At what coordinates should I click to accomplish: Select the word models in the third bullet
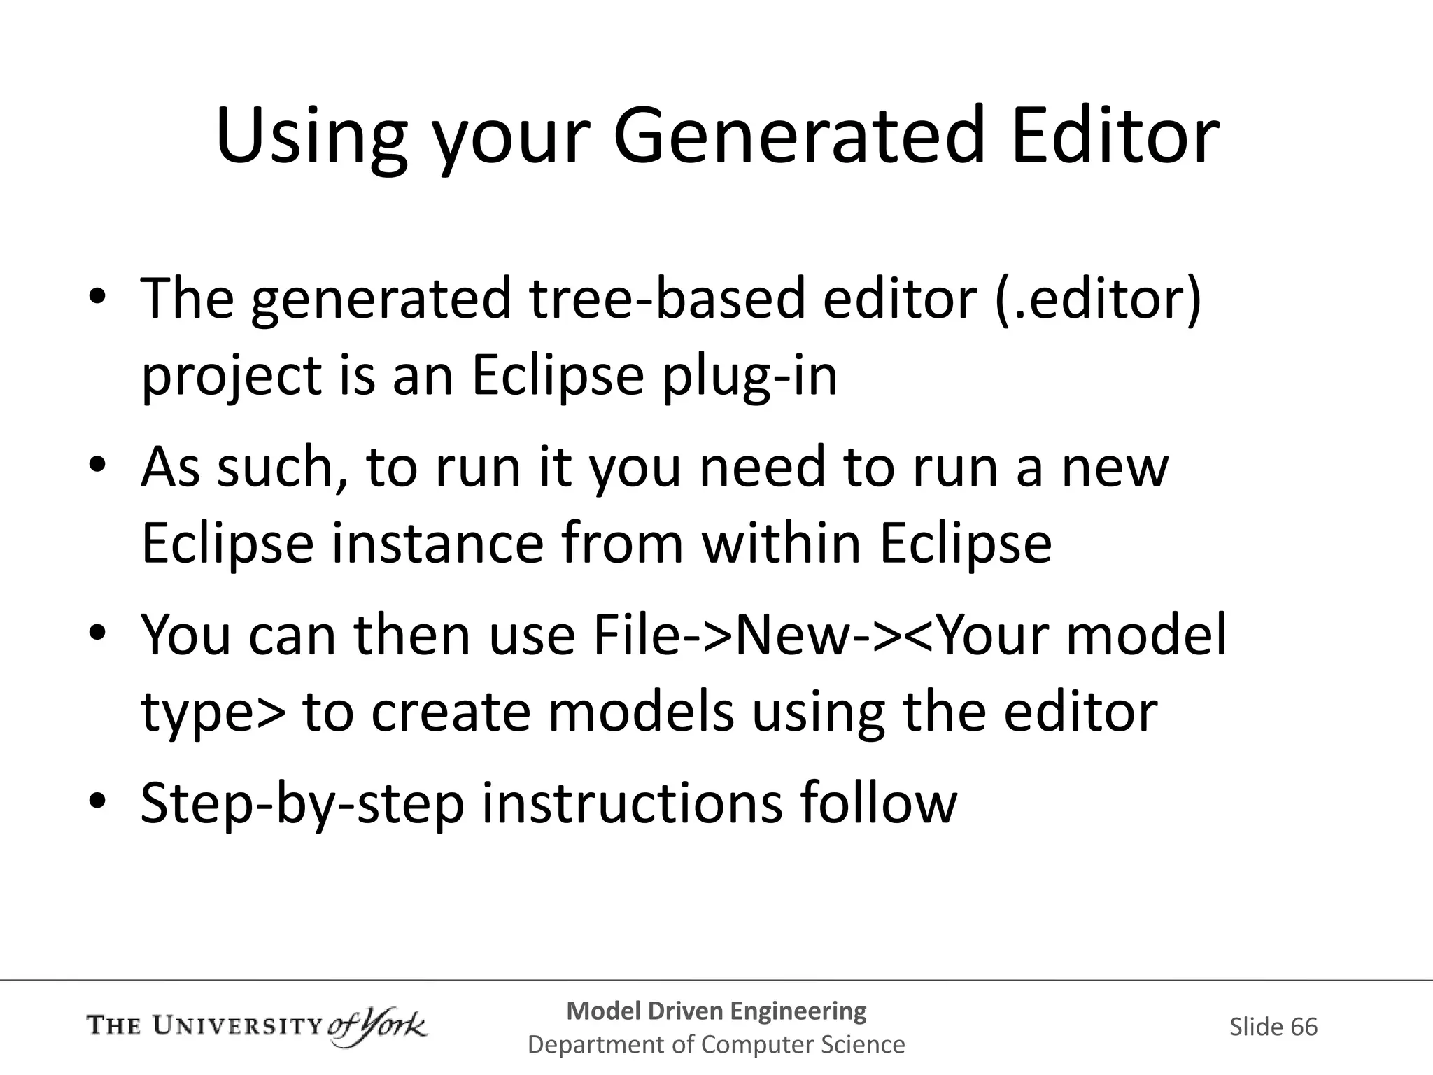pos(640,711)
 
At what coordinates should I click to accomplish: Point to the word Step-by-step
pos(302,803)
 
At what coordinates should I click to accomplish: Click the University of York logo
pos(257,1027)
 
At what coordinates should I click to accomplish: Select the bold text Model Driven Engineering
pos(716,1010)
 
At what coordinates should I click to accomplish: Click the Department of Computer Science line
pos(716,1044)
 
